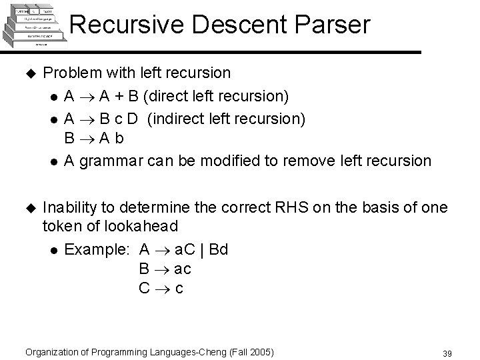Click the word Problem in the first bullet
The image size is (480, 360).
pos(71,72)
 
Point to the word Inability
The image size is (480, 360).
pos(69,208)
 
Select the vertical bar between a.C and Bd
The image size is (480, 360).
pos(202,250)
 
